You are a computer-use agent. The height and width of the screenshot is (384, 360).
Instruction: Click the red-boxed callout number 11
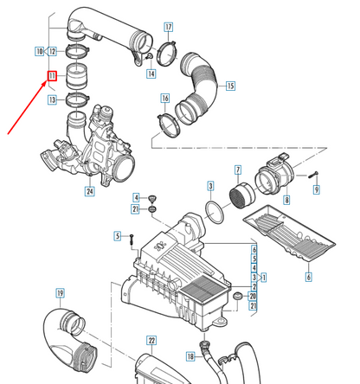pyautogui.click(x=52, y=76)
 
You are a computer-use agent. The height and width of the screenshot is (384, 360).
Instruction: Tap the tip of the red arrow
pyautogui.click(x=47, y=82)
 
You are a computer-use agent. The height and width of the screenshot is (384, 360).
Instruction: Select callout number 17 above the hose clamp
pyautogui.click(x=169, y=27)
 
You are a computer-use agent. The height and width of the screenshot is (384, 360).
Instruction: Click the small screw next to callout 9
pyautogui.click(x=312, y=175)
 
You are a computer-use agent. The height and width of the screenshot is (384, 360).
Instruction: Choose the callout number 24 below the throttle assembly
pyautogui.click(x=90, y=191)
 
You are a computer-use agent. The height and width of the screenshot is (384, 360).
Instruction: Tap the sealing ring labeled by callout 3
pyautogui.click(x=215, y=213)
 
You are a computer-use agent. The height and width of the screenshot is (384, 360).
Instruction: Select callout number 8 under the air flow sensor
pyautogui.click(x=286, y=200)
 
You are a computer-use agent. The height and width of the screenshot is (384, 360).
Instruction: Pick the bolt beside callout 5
pyautogui.click(x=132, y=240)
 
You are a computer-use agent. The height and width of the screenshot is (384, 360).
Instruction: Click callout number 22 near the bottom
pyautogui.click(x=151, y=341)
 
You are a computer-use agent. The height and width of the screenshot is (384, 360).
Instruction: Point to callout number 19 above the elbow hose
pyautogui.click(x=60, y=293)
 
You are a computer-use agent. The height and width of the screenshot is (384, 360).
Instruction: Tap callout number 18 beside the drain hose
pyautogui.click(x=190, y=356)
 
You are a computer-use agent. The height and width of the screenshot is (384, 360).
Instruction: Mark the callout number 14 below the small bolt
pyautogui.click(x=151, y=74)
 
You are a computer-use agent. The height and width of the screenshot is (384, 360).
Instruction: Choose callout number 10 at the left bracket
pyautogui.click(x=39, y=51)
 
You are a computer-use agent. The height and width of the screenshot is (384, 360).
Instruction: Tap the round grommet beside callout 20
pyautogui.click(x=238, y=296)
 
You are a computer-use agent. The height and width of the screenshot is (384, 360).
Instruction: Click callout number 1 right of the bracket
pyautogui.click(x=263, y=278)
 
